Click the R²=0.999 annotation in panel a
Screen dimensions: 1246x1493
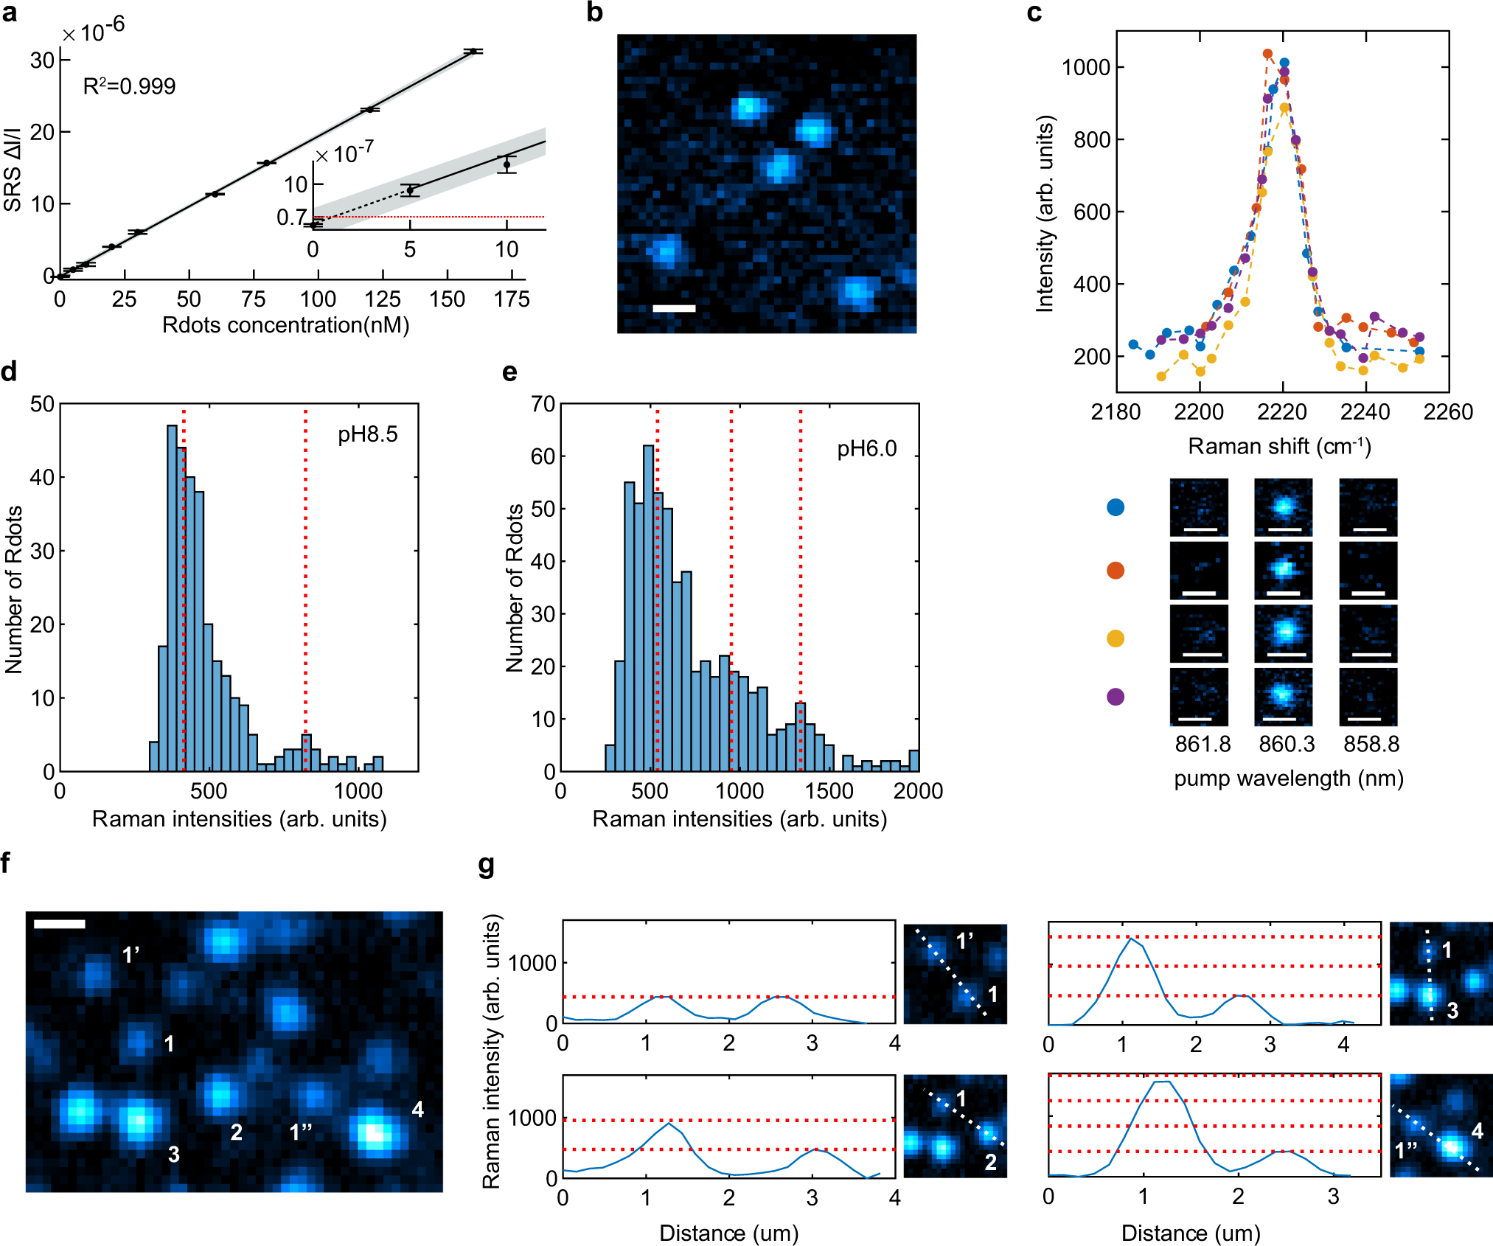[x=129, y=86]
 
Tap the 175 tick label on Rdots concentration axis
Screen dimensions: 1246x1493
[x=512, y=299]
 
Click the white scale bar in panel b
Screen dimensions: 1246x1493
[x=674, y=308]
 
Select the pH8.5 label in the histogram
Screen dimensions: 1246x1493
[x=367, y=434]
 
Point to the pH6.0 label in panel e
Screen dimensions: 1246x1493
[x=866, y=448]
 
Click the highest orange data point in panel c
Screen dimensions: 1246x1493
[x=1267, y=54]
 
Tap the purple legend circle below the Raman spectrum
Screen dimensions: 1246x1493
[x=1116, y=697]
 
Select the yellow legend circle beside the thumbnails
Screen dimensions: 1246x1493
[x=1116, y=638]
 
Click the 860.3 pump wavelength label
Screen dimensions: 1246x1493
[x=1287, y=744]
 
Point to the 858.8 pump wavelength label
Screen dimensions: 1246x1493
[x=1371, y=744]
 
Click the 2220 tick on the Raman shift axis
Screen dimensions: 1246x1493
[x=1282, y=412]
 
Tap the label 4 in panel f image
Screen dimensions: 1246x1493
[x=417, y=1109]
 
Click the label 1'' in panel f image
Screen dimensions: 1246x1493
[x=301, y=1132]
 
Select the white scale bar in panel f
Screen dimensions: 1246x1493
[x=59, y=924]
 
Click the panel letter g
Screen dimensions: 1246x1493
[x=486, y=865]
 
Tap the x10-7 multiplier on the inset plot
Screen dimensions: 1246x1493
[x=345, y=154]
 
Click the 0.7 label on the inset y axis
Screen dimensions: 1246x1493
[x=292, y=217]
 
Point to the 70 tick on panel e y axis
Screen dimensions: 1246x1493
[x=543, y=404]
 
